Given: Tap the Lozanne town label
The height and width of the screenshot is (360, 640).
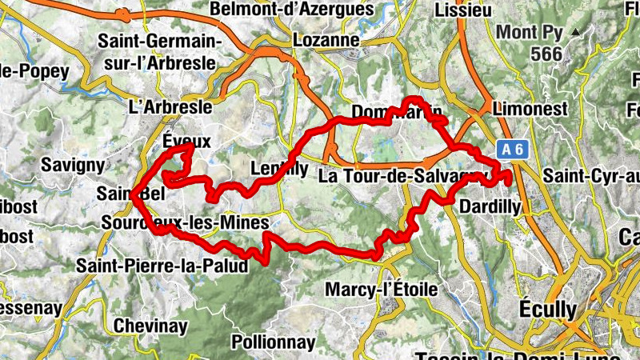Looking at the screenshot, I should click(x=326, y=39).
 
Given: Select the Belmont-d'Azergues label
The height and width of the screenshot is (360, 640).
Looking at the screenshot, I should click(x=292, y=10).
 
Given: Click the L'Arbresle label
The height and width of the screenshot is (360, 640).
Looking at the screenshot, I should click(x=170, y=106).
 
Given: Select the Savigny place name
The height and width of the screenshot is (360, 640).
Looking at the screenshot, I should click(x=74, y=165).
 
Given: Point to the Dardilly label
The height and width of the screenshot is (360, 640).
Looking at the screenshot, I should click(x=491, y=207).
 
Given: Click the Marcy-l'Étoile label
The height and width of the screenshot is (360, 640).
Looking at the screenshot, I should click(x=382, y=289).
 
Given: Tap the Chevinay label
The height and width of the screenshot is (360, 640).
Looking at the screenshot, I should click(x=150, y=326).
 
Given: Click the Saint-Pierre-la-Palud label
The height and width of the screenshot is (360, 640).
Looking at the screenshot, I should click(x=162, y=266).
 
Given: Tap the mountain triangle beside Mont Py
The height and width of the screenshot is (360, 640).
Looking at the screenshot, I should click(x=574, y=31).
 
